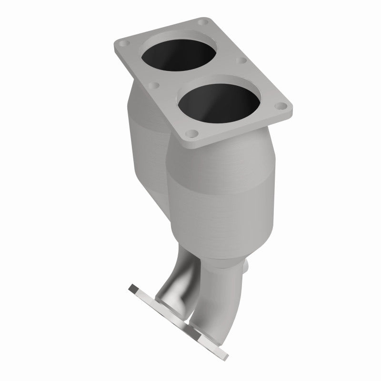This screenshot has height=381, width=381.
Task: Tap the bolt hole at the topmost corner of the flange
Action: pyautogui.click(x=204, y=22)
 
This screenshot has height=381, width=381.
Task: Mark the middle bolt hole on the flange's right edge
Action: pyautogui.click(x=241, y=61)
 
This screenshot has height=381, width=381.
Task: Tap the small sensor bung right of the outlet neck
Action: pyautogui.click(x=247, y=268)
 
